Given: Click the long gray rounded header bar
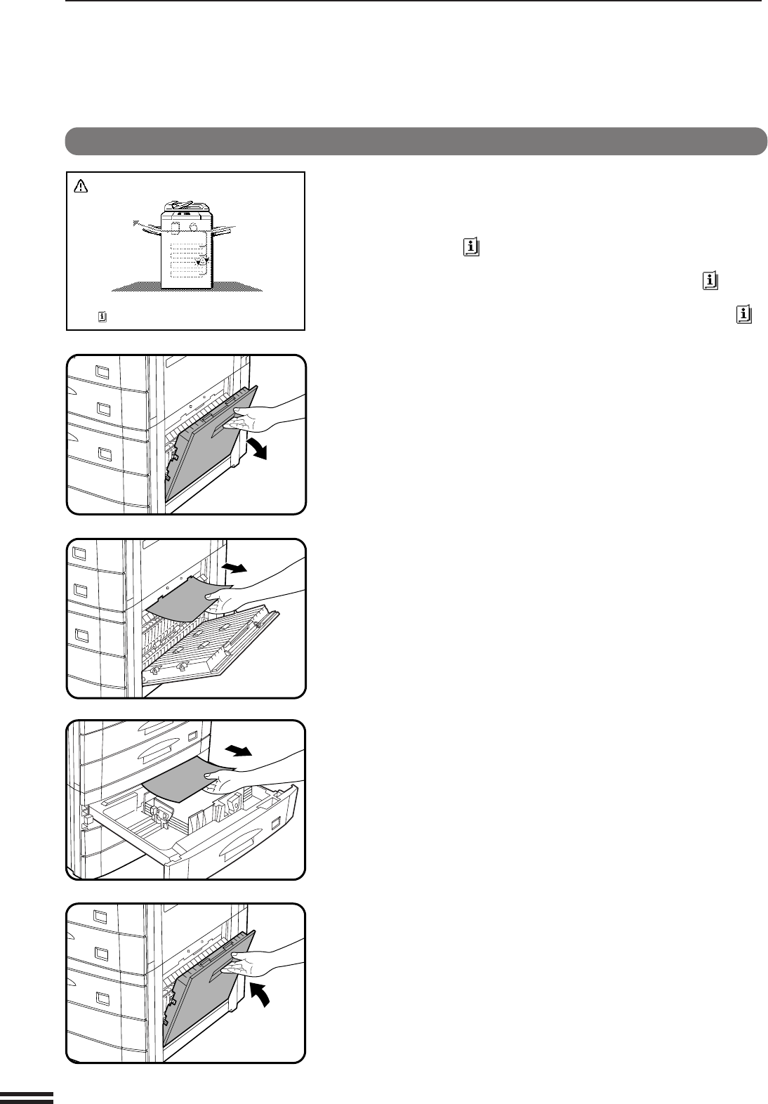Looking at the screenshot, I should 416,140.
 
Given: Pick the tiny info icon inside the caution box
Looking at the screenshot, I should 102,317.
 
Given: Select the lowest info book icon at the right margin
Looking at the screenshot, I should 745,314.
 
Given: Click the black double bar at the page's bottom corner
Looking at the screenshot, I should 27,1098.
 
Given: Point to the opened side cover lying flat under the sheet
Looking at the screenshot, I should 211,646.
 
